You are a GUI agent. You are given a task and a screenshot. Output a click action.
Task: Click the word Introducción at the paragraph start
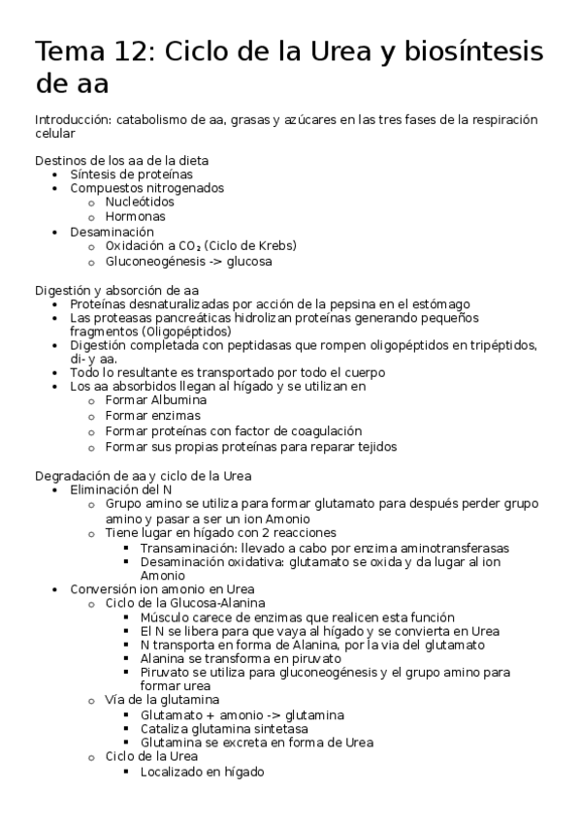tap(72, 119)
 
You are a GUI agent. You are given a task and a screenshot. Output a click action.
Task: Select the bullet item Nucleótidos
tap(140, 202)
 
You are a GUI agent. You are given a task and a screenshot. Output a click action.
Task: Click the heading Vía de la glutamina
tap(161, 699)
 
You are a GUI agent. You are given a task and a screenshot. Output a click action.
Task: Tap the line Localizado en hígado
tap(202, 772)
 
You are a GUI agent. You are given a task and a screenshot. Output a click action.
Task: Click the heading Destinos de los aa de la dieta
tap(121, 160)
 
